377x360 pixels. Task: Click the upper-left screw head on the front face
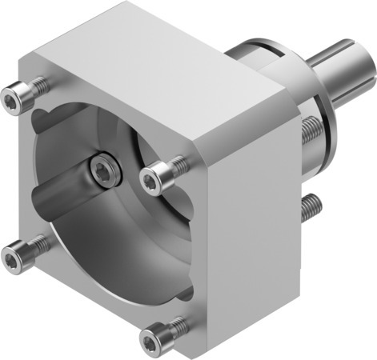point(11,98)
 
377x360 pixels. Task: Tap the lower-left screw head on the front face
point(11,257)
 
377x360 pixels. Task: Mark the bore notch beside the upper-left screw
point(42,120)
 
